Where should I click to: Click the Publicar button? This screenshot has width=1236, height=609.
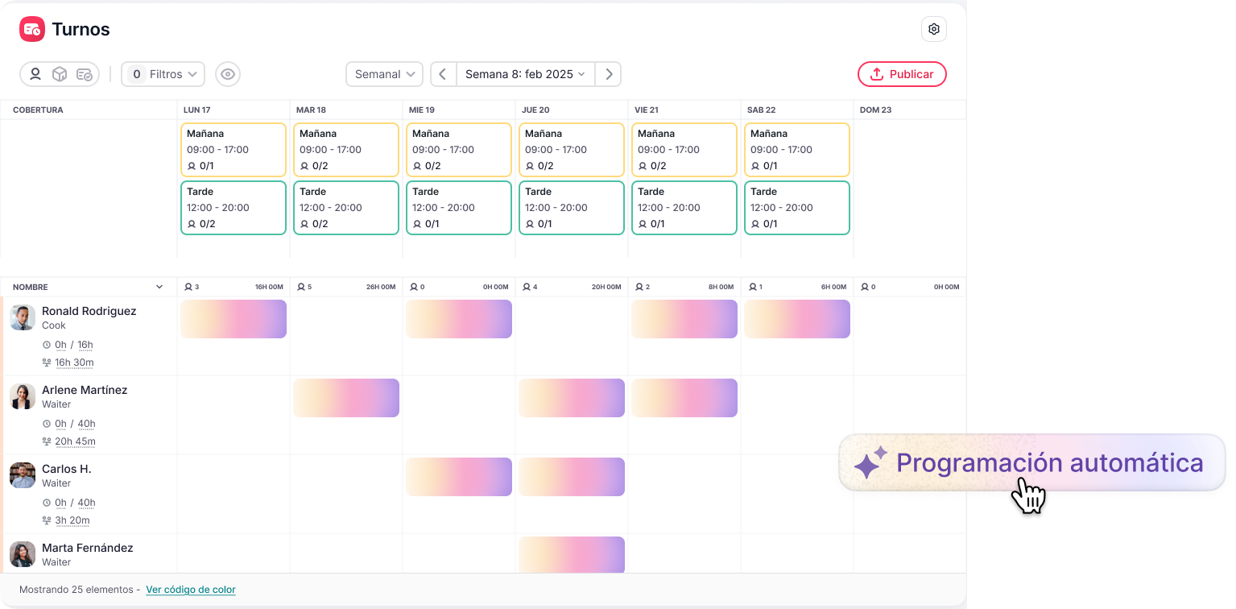[902, 74]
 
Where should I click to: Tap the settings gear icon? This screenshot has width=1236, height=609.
[934, 29]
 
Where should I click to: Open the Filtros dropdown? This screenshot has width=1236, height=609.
[163, 74]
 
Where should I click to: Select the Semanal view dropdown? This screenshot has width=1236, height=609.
[385, 74]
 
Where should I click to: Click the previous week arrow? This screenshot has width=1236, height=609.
[443, 74]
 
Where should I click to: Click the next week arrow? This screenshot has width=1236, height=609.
[609, 74]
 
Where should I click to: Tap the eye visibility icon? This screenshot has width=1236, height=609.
[228, 74]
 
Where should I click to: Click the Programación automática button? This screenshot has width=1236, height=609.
[1032, 463]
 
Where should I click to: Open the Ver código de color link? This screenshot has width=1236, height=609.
[191, 590]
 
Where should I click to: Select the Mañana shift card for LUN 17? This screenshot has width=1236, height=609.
[234, 150]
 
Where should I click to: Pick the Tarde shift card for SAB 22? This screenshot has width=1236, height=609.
[797, 208]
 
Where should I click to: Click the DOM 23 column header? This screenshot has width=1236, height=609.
[875, 110]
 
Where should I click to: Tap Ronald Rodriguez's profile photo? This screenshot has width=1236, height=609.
[23, 317]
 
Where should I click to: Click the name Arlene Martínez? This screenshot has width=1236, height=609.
[85, 390]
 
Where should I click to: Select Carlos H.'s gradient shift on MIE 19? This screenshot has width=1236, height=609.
[459, 477]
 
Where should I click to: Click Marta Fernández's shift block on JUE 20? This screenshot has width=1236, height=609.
[572, 554]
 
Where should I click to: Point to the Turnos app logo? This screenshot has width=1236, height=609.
[32, 29]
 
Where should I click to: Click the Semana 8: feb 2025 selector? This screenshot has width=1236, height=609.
[525, 74]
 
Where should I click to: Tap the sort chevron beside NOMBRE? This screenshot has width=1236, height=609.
[159, 287]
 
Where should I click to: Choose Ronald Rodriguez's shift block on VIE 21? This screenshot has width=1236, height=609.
[684, 319]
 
